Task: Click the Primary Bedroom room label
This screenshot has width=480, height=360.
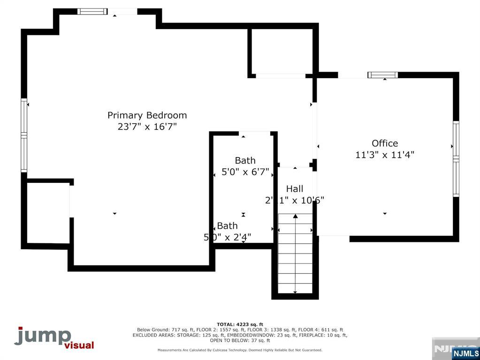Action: [147, 115]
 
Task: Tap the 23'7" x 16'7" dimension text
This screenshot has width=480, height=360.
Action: [147, 127]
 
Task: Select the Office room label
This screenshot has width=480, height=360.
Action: [385, 143]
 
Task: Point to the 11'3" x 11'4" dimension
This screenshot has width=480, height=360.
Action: [385, 155]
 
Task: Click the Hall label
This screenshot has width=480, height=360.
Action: [295, 189]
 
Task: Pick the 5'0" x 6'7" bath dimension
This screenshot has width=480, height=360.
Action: [245, 172]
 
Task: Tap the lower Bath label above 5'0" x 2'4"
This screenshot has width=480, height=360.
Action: [227, 226]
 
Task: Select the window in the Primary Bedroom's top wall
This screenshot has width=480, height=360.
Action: [92, 11]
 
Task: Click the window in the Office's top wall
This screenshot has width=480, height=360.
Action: [382, 75]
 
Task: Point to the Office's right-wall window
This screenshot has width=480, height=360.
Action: [456, 158]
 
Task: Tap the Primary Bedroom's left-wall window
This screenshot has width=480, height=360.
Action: [24, 135]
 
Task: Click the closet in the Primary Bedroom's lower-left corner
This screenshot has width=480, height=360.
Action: [48, 213]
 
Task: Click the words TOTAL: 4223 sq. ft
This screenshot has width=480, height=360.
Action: [240, 324]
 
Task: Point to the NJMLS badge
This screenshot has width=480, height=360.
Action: [465, 353]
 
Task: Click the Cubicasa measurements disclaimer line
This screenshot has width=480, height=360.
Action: [240, 350]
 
